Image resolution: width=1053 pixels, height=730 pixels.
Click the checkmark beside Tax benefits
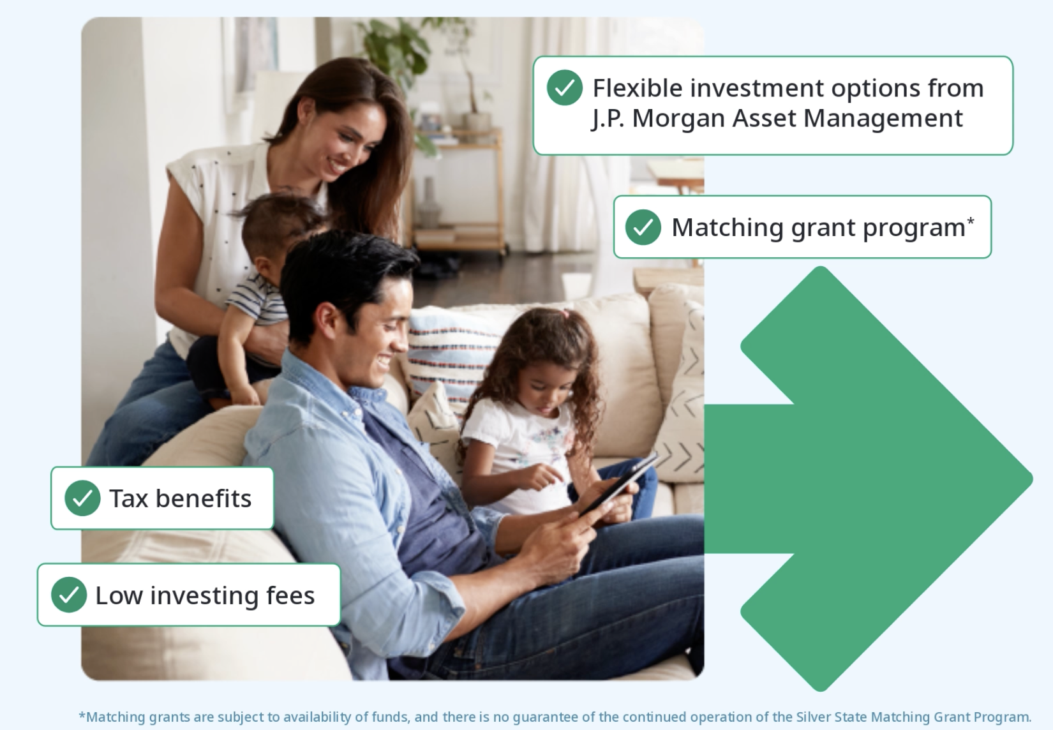tap(82, 498)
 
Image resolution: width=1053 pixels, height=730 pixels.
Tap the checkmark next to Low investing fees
tap(69, 595)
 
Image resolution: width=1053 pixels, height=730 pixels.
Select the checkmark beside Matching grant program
tap(643, 227)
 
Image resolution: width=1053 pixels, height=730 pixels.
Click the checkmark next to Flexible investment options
tap(565, 88)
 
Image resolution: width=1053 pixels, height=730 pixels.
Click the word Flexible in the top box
tap(638, 88)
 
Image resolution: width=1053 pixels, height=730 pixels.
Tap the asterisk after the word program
tap(970, 220)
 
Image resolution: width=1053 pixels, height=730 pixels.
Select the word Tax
tap(128, 498)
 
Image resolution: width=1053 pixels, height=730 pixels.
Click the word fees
tap(290, 595)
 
